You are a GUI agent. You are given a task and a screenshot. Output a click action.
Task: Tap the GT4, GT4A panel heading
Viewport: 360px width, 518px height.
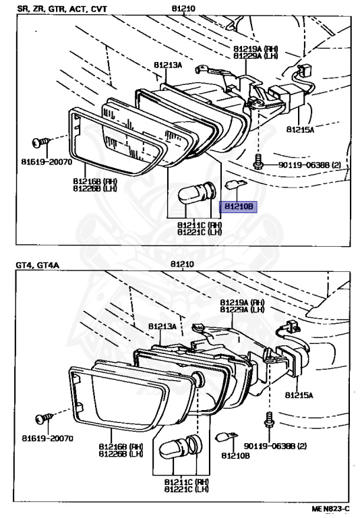click(38, 265)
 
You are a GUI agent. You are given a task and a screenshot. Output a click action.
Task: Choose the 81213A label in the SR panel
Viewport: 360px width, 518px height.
click(168, 65)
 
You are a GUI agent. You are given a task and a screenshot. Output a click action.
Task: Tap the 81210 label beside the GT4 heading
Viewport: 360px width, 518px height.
click(181, 265)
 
